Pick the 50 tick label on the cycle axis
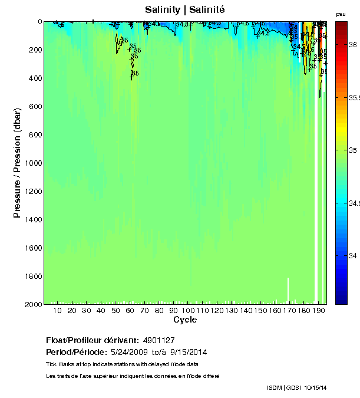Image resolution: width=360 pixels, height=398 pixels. [115, 310]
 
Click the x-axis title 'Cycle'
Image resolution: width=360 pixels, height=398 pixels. [185, 320]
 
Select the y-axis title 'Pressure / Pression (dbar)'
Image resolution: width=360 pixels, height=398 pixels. [17, 163]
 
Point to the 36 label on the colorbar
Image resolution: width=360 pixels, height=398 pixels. [351, 44]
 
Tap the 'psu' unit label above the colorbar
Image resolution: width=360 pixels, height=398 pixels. [341, 14]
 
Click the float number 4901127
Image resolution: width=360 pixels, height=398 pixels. [158, 340]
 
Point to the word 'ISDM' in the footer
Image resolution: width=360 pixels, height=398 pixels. [275, 387]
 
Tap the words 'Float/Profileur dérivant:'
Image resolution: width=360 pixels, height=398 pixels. [93, 340]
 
